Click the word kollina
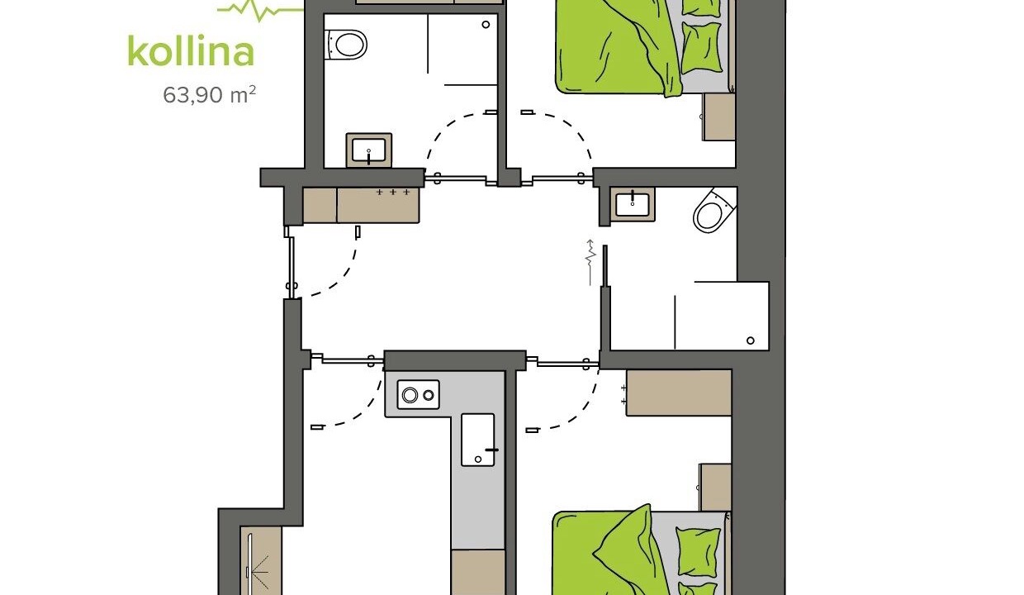tap(191, 51)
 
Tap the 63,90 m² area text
tap(210, 95)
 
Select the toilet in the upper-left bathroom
tap(346, 45)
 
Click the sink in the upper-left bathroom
tap(369, 150)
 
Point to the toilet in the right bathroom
tap(714, 211)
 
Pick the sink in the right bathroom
tap(633, 204)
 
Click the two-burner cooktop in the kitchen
tap(419, 394)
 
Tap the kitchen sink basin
tap(478, 440)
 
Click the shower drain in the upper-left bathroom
tap(486, 25)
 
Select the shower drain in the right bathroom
tap(750, 340)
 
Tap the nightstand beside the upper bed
tap(718, 117)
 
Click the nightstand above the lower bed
tap(715, 488)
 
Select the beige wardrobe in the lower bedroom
tap(679, 393)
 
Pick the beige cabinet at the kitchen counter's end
tap(478, 572)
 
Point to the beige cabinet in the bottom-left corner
tap(261, 560)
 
